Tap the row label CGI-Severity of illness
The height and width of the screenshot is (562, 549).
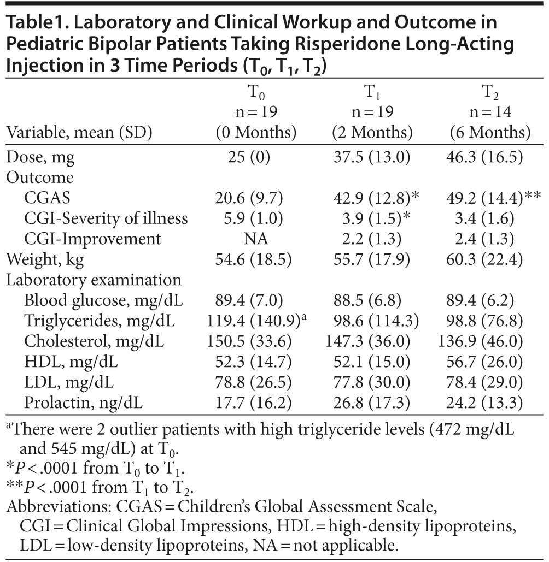[x=106, y=218]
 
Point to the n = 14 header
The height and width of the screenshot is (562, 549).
[x=490, y=112]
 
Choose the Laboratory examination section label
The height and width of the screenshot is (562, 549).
[x=94, y=280]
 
